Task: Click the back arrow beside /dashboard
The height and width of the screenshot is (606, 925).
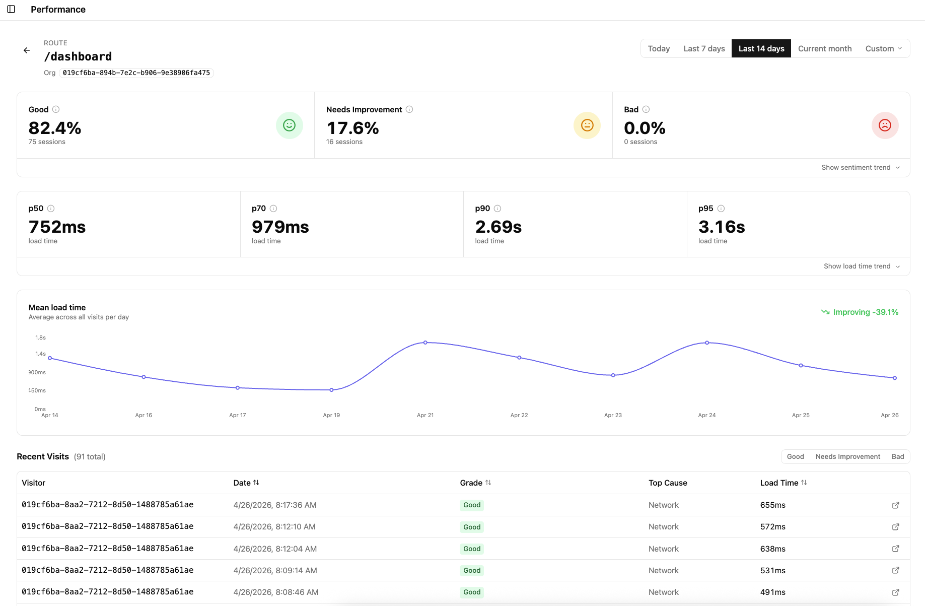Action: pos(27,50)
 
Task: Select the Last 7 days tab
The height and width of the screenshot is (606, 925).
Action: pos(704,48)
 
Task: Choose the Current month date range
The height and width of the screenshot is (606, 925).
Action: pos(824,48)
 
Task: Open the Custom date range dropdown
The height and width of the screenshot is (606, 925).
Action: pos(883,48)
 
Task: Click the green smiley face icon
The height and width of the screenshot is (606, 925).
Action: pos(289,125)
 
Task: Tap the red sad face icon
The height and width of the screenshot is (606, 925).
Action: pos(885,125)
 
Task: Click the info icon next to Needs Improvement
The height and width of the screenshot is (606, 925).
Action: pos(409,109)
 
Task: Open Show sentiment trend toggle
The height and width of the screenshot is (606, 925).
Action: pos(860,167)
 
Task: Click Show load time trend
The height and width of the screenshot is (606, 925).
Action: pos(861,266)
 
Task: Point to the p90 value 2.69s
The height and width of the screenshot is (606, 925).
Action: pos(498,227)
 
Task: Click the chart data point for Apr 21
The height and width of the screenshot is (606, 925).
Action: pos(425,343)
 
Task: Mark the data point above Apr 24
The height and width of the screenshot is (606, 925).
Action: pos(707,343)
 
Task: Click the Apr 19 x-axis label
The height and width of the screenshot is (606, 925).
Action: pos(331,415)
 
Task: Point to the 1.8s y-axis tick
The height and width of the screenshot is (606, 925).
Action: pos(40,338)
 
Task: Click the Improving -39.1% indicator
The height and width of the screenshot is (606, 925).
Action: pos(860,312)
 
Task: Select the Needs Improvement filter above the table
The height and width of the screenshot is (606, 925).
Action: pos(847,456)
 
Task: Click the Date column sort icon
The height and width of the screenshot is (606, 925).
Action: pos(256,483)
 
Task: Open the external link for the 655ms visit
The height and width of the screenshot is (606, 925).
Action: pos(895,505)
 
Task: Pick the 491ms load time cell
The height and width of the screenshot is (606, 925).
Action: pos(772,592)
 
